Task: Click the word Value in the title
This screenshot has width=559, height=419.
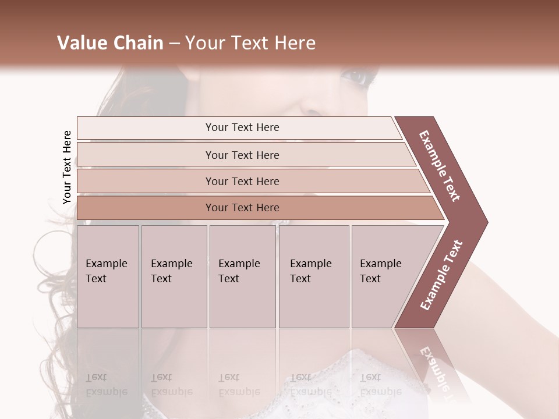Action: pos(82,43)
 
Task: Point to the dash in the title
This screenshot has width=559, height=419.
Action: pos(174,44)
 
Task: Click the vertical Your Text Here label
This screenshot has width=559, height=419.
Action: pos(67,168)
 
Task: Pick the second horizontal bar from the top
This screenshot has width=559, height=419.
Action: pos(242,155)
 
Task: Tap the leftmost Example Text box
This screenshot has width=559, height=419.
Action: pos(108,276)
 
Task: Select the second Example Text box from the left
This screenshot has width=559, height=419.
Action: pos(174,276)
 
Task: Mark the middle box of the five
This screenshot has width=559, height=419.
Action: pos(242,276)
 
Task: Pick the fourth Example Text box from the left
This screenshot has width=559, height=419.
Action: pos(314,276)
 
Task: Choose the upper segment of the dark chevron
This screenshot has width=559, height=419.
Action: pos(440,166)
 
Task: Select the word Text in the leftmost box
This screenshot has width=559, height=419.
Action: pos(96,279)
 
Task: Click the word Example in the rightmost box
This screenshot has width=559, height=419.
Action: pos(381,264)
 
